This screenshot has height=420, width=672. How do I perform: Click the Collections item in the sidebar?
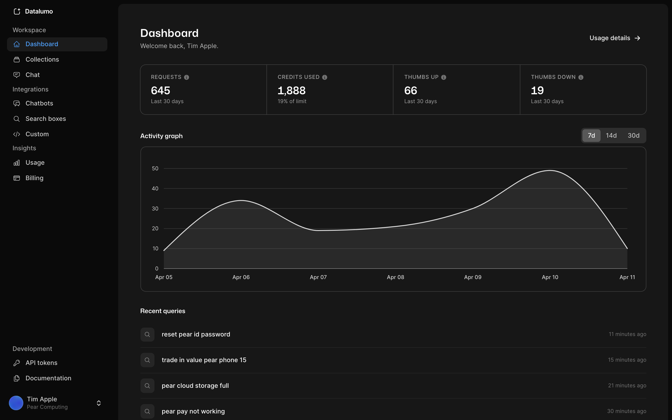(42, 59)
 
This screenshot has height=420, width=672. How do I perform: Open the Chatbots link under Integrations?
(39, 103)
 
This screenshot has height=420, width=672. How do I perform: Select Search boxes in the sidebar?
(45, 119)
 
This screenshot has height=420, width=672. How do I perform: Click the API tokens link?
(41, 363)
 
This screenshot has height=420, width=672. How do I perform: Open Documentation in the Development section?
(48, 378)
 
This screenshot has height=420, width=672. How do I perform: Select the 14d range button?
(611, 136)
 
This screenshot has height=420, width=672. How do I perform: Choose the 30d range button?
(633, 136)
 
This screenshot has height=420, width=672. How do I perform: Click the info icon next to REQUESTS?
(187, 77)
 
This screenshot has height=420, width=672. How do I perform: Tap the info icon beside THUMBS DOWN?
(581, 77)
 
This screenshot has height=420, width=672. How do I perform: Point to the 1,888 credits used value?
(291, 91)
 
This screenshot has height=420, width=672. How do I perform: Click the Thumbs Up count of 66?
(410, 91)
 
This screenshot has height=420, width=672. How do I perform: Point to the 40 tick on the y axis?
(155, 189)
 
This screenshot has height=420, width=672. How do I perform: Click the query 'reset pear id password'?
(196, 334)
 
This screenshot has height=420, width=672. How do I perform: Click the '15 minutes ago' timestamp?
(627, 360)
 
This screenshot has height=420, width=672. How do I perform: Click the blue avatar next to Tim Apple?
(16, 403)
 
